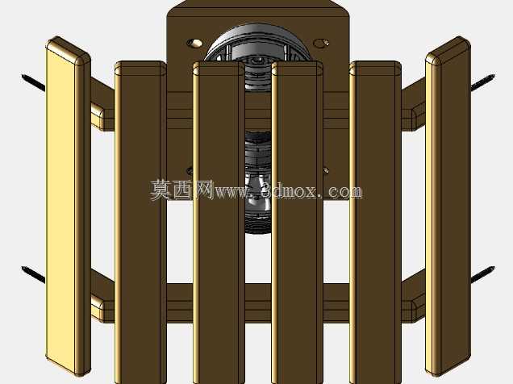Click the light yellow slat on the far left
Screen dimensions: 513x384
point(68,206)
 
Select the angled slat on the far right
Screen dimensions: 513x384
point(448,206)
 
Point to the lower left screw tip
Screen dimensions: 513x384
point(23,269)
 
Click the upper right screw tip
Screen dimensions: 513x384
point(493,77)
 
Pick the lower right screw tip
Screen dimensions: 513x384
point(493,269)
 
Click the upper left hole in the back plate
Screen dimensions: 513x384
point(194,43)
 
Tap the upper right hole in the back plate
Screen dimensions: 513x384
point(321,43)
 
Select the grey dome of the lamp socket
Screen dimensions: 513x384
point(258,43)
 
